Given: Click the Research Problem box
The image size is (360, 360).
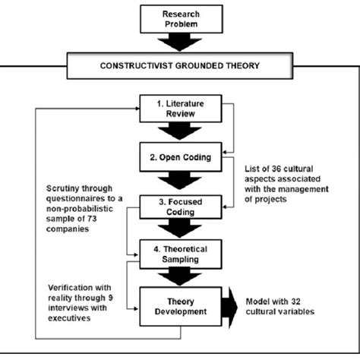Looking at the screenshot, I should pyautogui.click(x=180, y=18).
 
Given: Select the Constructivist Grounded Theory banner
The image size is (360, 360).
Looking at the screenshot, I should pyautogui.click(x=180, y=65).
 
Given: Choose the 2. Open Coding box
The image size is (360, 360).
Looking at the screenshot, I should pyautogui.click(x=180, y=159).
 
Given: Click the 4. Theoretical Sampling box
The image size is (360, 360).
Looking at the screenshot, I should pyautogui.click(x=180, y=254).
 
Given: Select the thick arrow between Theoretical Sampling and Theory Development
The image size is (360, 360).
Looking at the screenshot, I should pyautogui.click(x=180, y=277).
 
